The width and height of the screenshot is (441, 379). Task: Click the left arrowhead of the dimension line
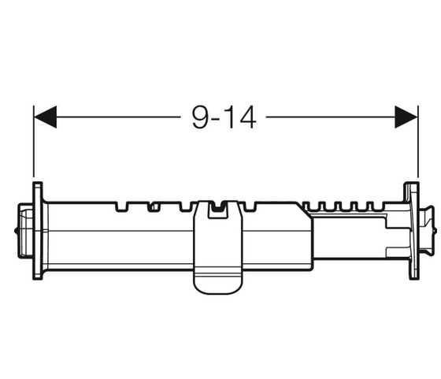tap(45, 117)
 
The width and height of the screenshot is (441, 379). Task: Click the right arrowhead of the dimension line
tap(406, 117)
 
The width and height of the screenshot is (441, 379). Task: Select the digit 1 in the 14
tap(230, 117)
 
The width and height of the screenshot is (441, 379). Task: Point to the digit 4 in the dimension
tap(247, 117)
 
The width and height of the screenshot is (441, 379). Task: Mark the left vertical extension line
tap(34, 141)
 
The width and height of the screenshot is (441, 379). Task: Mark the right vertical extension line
tap(418, 141)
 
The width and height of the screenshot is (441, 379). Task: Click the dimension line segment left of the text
tap(118, 117)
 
